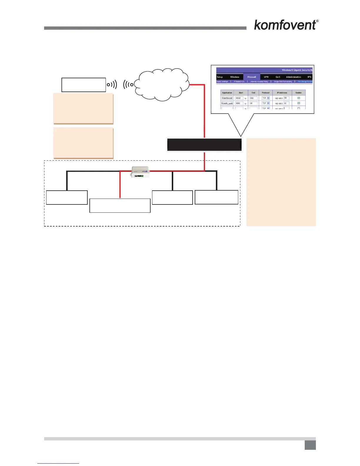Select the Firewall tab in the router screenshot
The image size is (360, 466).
click(251, 77)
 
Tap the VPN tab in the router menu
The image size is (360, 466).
click(266, 77)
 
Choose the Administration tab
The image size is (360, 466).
click(293, 77)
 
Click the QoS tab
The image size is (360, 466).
click(278, 77)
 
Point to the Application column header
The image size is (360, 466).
click(227, 93)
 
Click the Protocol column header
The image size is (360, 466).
click(266, 93)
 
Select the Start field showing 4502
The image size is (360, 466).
click(239, 98)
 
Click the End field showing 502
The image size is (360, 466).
click(253, 98)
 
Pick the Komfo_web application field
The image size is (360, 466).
click(227, 103)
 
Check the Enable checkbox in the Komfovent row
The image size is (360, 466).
click(299, 98)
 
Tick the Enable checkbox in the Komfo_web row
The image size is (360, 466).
click(299, 103)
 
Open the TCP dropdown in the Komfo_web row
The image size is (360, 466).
click(266, 103)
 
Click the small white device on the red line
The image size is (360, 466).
click(140, 172)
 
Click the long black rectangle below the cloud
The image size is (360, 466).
click(204, 145)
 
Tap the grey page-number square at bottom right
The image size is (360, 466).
click(310, 445)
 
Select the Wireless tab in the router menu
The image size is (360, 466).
click(235, 77)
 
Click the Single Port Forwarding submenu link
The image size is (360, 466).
click(283, 81)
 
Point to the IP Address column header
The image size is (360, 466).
click(282, 93)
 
